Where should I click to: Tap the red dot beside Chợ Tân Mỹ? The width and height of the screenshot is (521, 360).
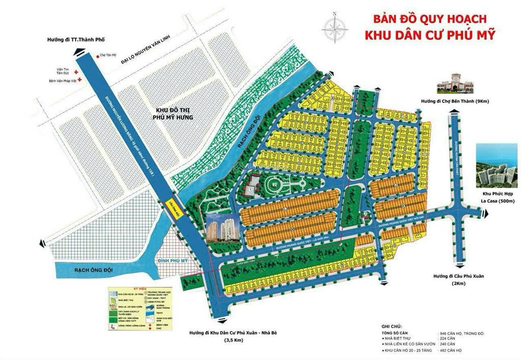pos(96,56)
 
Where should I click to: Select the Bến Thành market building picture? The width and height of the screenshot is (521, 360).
pos(455,82)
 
